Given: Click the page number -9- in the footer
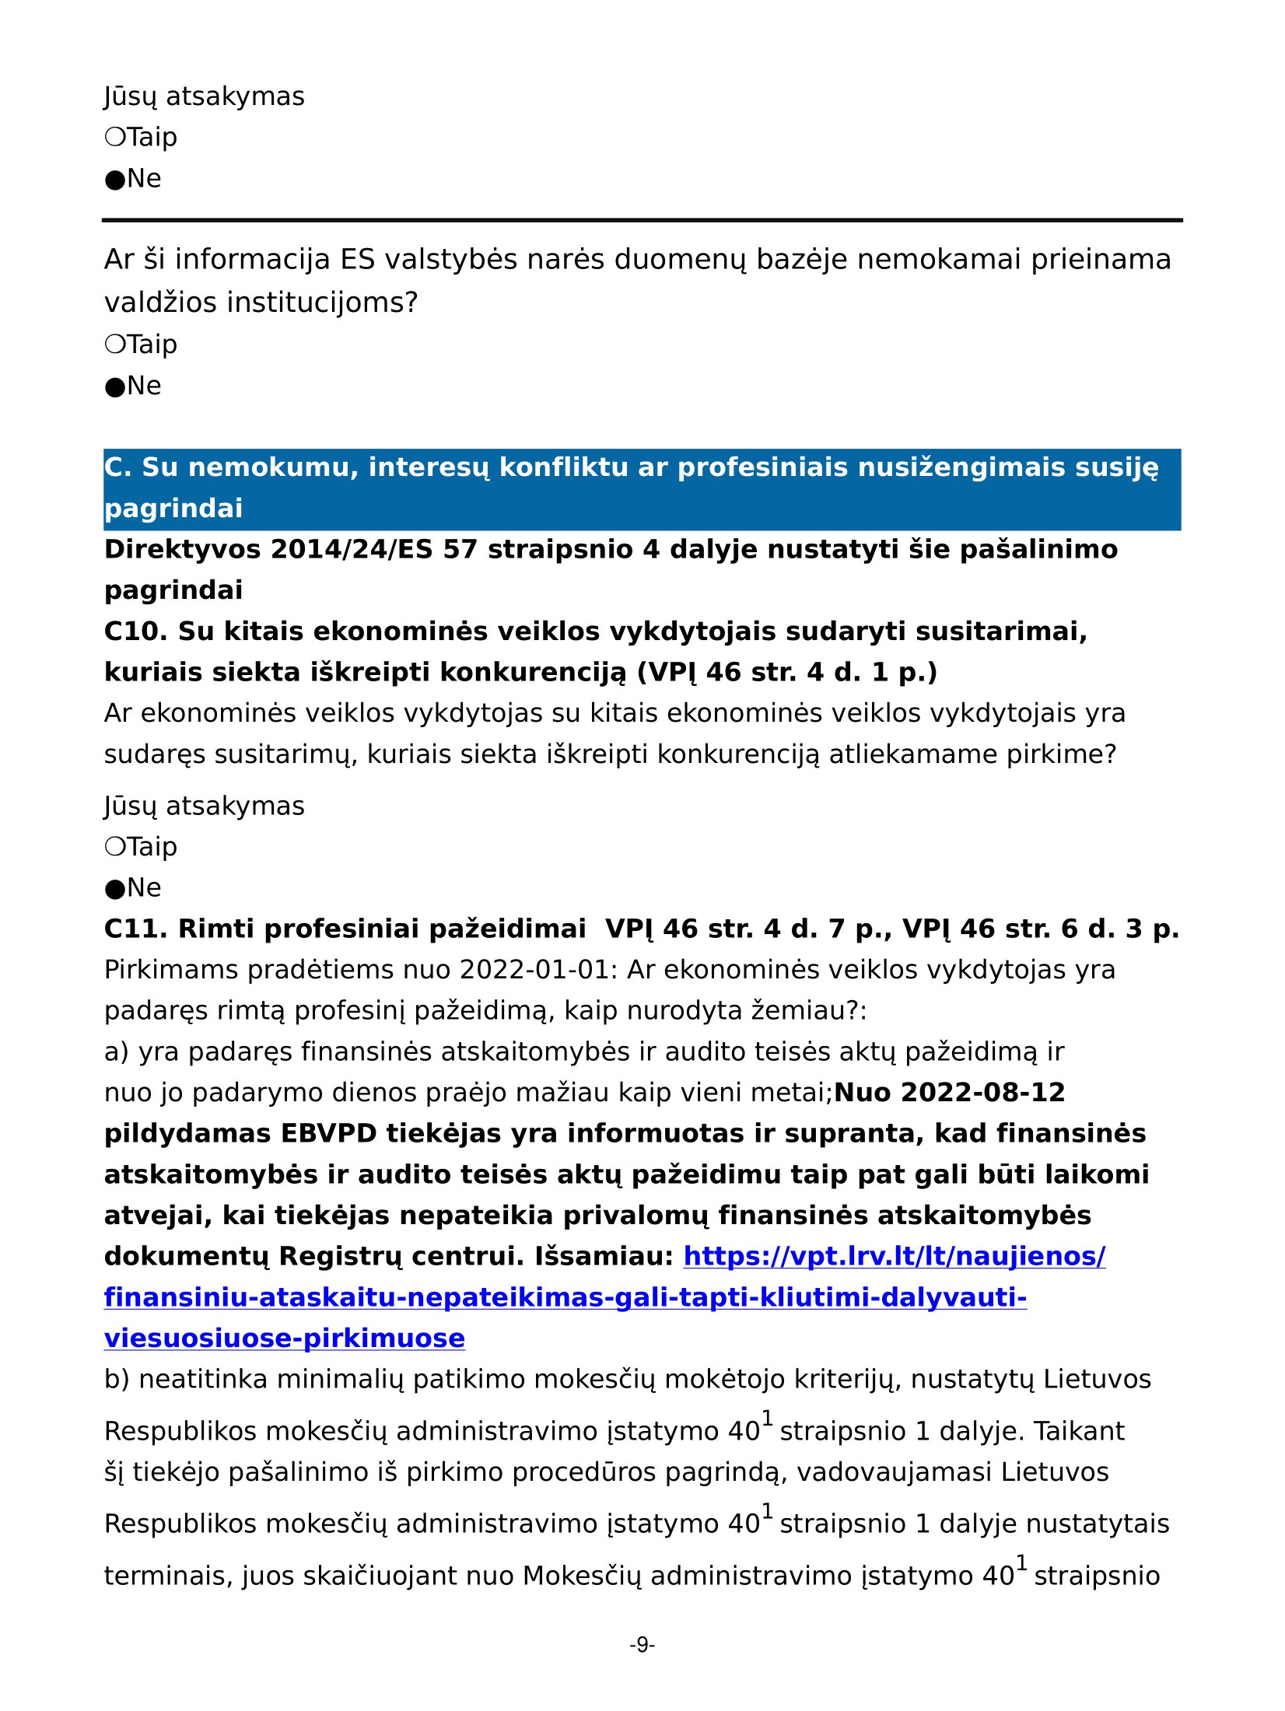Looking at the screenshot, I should pos(642,1645).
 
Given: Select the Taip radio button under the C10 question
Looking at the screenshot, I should pos(115,846).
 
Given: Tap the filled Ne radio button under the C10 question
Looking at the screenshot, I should pos(115,888).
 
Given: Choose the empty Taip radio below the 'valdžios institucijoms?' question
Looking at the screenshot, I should pos(115,344).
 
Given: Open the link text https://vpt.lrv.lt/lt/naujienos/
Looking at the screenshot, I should pos(895,1257).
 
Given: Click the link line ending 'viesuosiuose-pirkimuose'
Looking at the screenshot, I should pos(285,1338).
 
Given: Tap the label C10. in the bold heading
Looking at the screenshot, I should pos(135,632).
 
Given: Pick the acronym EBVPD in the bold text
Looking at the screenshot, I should pos(329,1134).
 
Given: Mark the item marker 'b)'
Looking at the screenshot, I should pos(117,1380).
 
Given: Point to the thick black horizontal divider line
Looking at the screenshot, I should pos(642,220).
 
